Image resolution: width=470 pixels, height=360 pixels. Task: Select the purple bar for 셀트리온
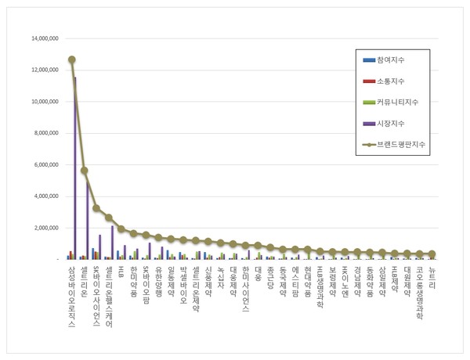[87, 215]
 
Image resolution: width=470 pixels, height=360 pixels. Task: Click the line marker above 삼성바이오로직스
[71, 59]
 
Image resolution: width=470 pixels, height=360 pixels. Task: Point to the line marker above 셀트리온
[84, 171]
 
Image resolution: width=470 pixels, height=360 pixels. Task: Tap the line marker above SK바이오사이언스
[96, 208]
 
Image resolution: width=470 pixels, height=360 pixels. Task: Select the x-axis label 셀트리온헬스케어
[110, 297]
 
